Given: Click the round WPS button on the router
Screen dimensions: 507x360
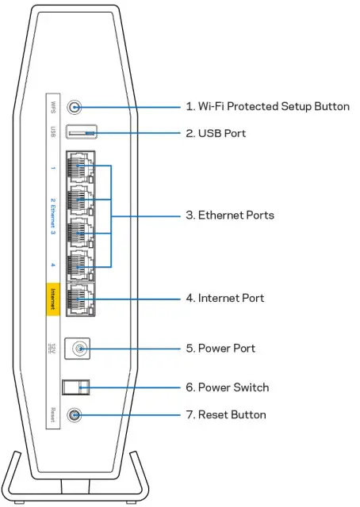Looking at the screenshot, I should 75,106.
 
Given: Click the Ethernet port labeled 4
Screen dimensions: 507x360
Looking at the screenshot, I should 79,267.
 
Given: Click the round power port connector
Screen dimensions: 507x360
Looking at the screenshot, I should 77,347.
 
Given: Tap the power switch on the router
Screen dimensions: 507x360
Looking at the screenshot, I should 76,387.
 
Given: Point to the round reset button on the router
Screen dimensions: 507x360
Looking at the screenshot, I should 75,414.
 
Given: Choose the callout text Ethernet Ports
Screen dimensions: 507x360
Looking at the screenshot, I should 229,215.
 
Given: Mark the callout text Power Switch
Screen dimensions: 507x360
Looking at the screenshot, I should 227,387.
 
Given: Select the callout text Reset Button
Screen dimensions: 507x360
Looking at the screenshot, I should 225,414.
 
